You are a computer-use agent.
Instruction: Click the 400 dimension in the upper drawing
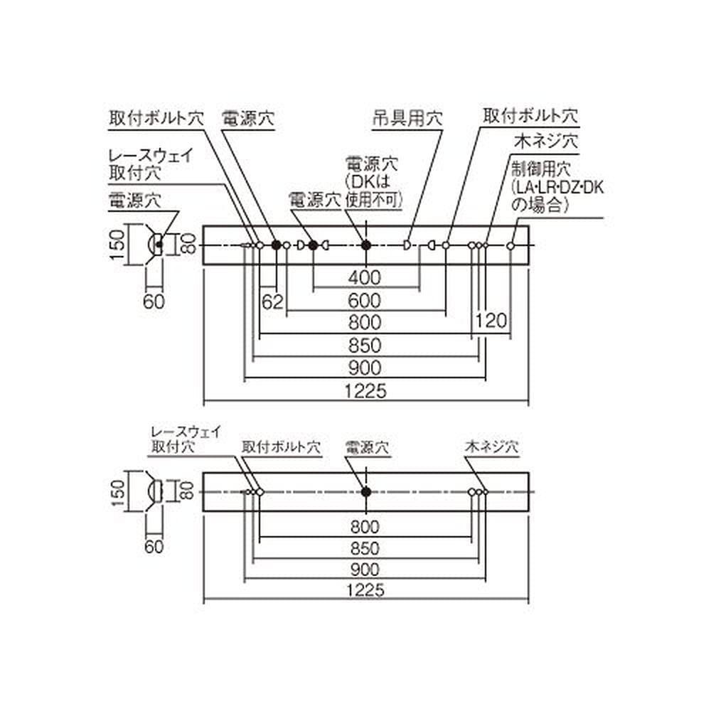click(x=365, y=276)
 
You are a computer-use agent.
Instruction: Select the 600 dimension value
click(x=365, y=300)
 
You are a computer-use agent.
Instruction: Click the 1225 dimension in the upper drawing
click(x=365, y=390)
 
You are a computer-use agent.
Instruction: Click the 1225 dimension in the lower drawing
click(x=365, y=589)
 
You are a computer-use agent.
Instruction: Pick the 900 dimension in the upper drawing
click(x=365, y=368)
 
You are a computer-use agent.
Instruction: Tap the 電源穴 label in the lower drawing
click(x=367, y=448)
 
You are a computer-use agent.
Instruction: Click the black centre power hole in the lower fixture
click(x=365, y=491)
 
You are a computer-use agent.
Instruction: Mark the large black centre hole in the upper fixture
click(x=366, y=245)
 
